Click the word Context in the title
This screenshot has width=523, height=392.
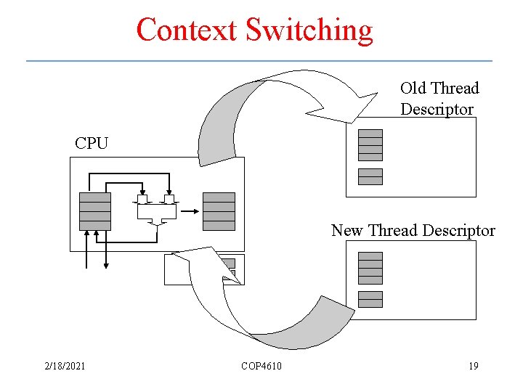click(x=187, y=30)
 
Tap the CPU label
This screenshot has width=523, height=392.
click(x=92, y=143)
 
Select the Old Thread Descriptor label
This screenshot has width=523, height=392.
click(x=439, y=99)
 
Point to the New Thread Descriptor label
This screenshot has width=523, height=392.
click(x=413, y=231)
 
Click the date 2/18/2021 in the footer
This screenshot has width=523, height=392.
click(x=65, y=366)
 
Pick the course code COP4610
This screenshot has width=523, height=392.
click(x=261, y=366)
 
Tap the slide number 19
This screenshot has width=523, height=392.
click(x=474, y=366)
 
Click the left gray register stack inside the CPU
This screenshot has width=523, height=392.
click(x=95, y=211)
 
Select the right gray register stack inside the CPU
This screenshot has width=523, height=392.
click(x=219, y=211)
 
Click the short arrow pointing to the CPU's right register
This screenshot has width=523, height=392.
click(x=190, y=211)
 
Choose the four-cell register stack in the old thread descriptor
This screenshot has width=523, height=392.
click(x=370, y=144)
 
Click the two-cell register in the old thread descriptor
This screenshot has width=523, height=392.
click(x=370, y=176)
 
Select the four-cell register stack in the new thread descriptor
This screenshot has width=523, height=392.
click(x=370, y=268)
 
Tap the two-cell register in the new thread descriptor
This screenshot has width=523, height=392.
click(x=370, y=299)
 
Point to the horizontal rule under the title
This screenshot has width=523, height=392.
click(x=259, y=60)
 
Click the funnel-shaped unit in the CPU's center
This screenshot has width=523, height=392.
click(x=157, y=213)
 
